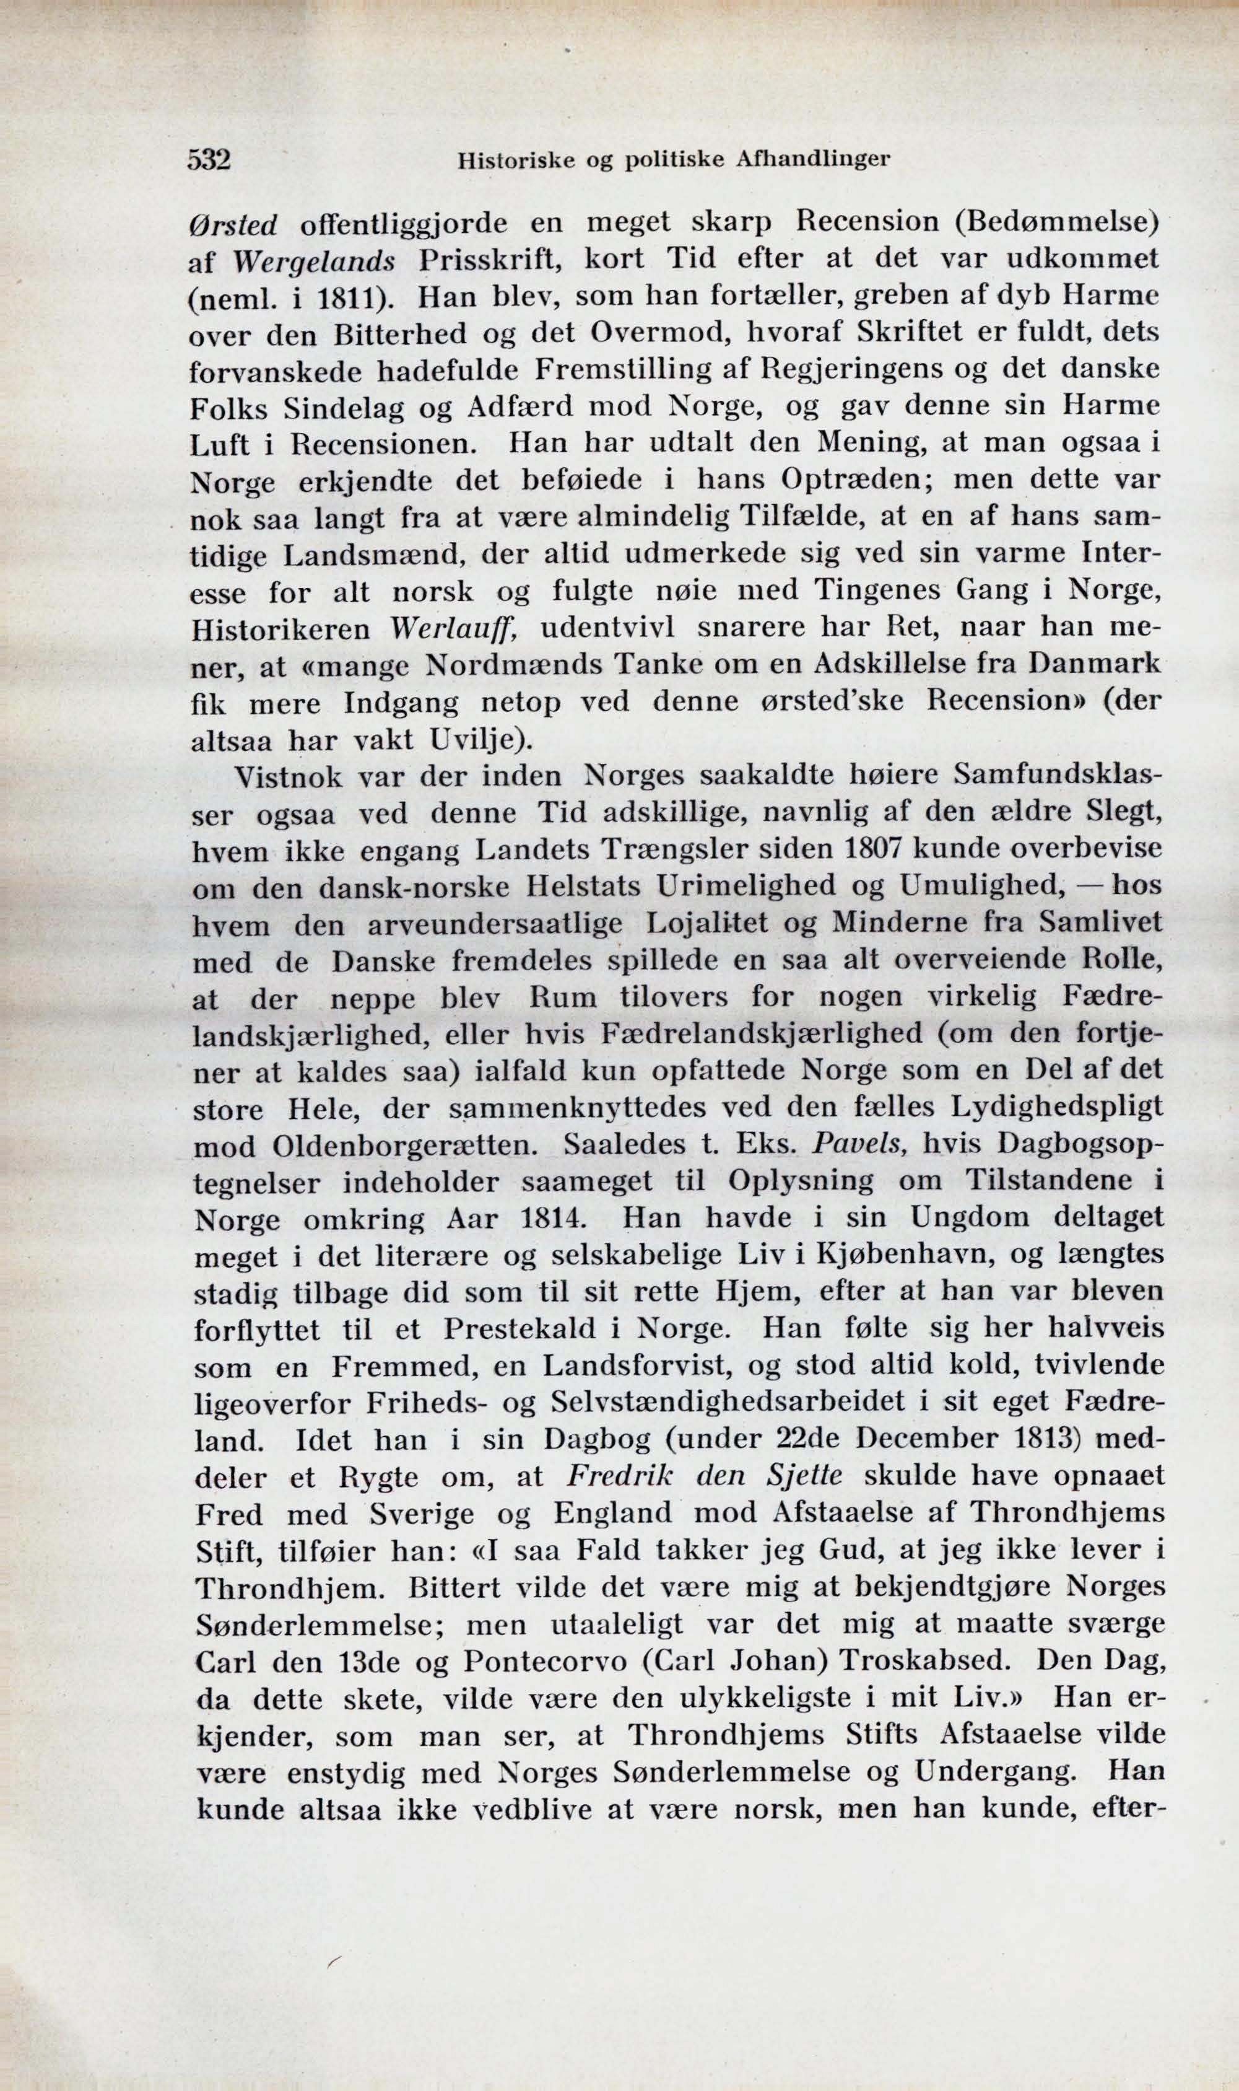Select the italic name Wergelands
tap(314, 261)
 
